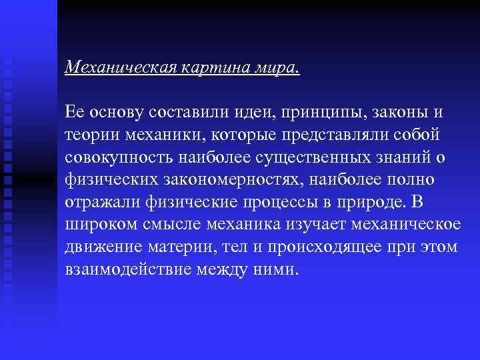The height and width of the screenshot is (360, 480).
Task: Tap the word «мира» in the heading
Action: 275,67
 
